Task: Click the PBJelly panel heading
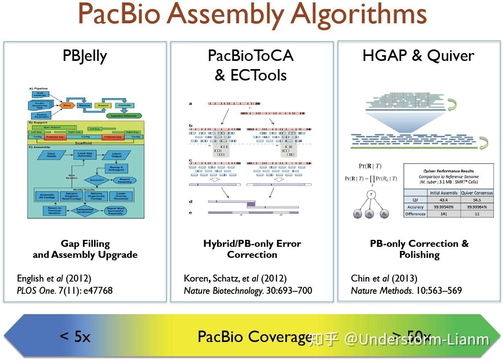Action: (x=85, y=56)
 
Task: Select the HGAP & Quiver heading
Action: (x=418, y=56)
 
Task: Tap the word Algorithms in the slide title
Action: (x=359, y=14)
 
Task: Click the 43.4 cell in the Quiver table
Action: (x=443, y=200)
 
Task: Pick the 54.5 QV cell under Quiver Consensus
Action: (x=476, y=200)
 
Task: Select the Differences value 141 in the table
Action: (x=443, y=214)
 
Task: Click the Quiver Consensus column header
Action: (x=476, y=193)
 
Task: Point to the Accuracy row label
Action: (x=415, y=207)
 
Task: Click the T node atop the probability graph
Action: (x=371, y=195)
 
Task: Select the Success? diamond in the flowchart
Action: (x=97, y=179)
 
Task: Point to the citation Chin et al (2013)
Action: (x=384, y=278)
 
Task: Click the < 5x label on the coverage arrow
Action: (x=75, y=337)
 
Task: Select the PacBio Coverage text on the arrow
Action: (x=254, y=337)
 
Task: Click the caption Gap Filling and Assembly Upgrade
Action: (x=85, y=249)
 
